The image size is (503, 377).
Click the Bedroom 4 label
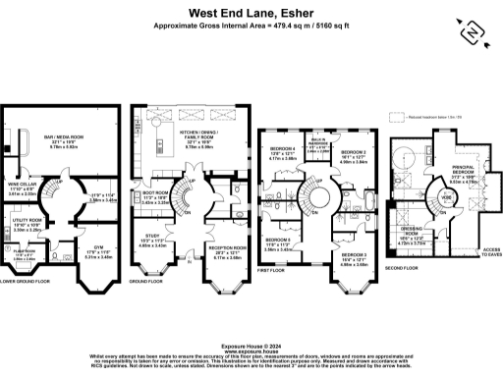tap(283, 151)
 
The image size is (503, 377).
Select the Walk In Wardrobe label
tap(318, 147)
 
